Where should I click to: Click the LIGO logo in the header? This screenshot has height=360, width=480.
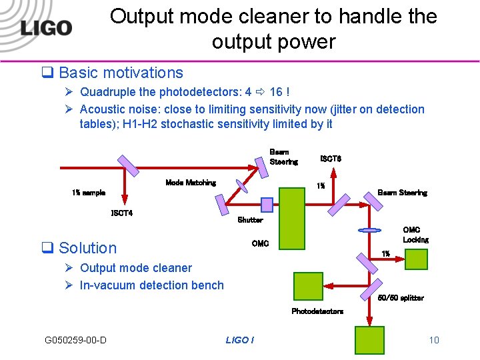(x=46, y=29)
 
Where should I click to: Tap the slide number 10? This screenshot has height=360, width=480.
(x=434, y=341)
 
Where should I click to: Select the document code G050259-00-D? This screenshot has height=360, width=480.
(x=75, y=341)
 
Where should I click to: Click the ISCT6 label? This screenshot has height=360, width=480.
(x=331, y=159)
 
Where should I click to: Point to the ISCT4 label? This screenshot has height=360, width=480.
(x=121, y=213)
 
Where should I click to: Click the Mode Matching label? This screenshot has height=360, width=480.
(x=191, y=183)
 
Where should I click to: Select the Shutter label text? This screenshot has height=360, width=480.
(x=250, y=220)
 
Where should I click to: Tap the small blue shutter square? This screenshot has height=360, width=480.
(x=267, y=204)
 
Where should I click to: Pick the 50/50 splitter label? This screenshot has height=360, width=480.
(x=401, y=298)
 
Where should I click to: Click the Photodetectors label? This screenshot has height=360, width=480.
(x=317, y=311)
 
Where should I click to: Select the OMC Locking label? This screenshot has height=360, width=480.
(x=415, y=235)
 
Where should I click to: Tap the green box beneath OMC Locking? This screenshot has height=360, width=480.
(x=416, y=259)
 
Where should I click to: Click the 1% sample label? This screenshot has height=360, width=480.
(x=89, y=193)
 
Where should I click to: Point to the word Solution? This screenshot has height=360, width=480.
(x=87, y=248)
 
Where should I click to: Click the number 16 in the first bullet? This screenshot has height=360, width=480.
(x=276, y=91)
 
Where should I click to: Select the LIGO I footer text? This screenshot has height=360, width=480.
(x=239, y=341)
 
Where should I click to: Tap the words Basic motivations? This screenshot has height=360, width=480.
(x=121, y=73)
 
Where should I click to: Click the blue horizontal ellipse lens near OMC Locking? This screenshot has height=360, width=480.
(x=369, y=231)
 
